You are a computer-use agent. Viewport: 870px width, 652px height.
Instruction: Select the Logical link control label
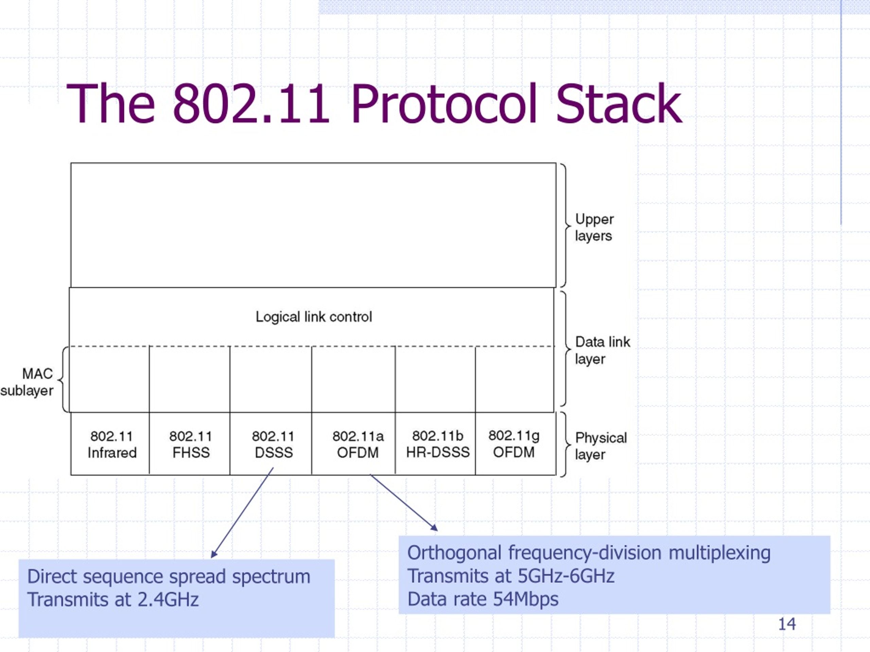313,317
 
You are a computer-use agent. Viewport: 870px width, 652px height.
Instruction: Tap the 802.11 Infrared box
110,444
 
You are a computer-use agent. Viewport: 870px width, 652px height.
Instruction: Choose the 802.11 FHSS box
190,444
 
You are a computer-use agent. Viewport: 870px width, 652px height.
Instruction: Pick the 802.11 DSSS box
271,444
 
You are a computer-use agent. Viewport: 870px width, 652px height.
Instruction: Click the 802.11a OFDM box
353,444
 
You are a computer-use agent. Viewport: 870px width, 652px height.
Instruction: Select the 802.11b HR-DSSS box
435,444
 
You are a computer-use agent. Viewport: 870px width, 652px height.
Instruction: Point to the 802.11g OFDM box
516,444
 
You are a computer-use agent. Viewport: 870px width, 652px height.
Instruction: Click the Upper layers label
594,228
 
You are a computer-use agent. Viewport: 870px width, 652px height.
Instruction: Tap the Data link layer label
602,350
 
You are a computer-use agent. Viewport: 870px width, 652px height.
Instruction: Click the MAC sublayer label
27,382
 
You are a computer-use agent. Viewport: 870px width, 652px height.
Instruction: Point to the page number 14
787,624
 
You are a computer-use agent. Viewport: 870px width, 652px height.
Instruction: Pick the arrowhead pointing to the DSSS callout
214,554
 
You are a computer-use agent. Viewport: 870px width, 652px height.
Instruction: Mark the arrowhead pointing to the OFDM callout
434,528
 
